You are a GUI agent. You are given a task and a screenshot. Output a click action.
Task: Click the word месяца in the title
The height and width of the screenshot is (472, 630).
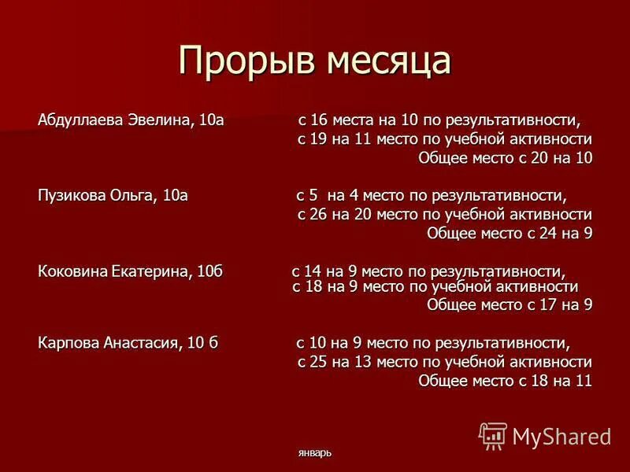[x=382, y=61]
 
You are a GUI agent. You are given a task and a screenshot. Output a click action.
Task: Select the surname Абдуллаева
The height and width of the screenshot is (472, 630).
[x=81, y=121]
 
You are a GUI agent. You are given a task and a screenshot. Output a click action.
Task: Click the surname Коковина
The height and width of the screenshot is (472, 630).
[x=72, y=271]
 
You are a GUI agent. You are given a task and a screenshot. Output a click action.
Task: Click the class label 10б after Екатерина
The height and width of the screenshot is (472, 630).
[x=210, y=271]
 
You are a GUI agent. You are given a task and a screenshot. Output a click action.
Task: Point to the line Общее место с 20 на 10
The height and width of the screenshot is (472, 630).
[x=505, y=158]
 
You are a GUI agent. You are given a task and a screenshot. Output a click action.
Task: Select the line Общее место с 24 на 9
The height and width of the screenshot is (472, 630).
[x=509, y=234]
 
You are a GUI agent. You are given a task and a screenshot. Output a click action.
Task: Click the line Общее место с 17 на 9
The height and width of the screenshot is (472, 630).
[x=509, y=304]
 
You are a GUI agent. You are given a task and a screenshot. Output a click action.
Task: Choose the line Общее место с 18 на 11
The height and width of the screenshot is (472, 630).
[x=505, y=381]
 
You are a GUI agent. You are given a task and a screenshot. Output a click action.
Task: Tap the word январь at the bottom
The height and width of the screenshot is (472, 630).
[x=315, y=453]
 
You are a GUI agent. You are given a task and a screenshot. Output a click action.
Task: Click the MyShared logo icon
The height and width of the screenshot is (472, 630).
[x=493, y=435]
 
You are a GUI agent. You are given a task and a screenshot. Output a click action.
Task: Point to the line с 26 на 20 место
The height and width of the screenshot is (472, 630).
[x=444, y=215]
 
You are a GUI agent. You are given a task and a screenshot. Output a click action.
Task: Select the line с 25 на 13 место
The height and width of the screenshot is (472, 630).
[x=444, y=362]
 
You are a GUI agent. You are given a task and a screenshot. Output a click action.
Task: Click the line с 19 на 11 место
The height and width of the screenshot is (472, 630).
[x=444, y=139]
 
